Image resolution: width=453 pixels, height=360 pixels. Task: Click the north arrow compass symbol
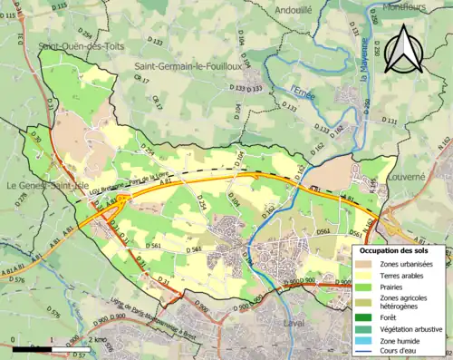pyautogui.click(x=402, y=50)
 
